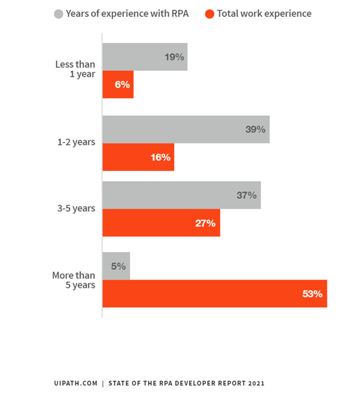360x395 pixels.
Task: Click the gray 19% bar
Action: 145,57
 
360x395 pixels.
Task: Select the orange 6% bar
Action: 118,84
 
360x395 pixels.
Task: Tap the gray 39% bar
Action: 186,129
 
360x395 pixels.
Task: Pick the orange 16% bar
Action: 138,157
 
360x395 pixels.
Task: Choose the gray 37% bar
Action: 182,195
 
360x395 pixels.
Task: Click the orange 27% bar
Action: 161,223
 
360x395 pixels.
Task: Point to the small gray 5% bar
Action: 116,266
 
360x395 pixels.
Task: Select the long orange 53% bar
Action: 214,294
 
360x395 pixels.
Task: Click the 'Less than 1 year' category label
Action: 75,70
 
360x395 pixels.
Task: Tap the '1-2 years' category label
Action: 76,142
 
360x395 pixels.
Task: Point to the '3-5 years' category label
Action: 76,209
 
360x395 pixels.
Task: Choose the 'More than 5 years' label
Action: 73,280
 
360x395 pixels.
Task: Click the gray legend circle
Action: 58,14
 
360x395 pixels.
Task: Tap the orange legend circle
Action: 210,14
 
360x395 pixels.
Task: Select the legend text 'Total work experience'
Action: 264,14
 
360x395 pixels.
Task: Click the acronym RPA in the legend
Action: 180,14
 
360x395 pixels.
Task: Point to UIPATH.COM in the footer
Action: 75,383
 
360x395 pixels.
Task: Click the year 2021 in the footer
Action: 256,383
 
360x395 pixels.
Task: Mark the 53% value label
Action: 313,294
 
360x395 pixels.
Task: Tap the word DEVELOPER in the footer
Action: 195,383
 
